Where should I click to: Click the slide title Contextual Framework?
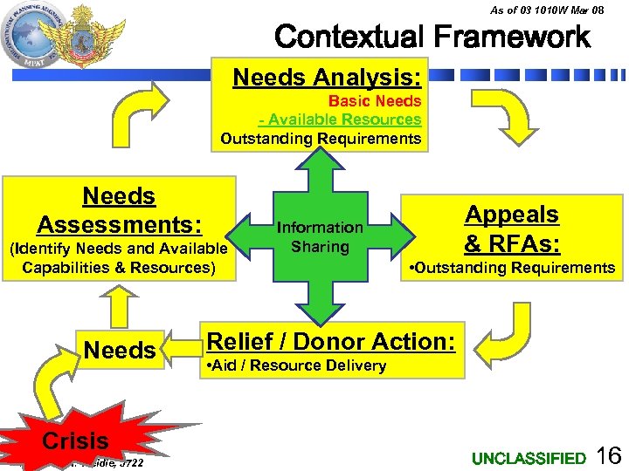coord(432,37)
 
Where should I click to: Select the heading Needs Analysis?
coord(327,78)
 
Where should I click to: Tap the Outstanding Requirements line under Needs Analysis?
coord(321,139)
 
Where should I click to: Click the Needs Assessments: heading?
coord(119,211)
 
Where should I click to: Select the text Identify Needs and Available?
coord(117,249)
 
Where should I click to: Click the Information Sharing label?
coord(320,237)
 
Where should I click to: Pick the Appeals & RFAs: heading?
coord(512,227)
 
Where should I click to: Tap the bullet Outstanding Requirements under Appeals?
coord(512,268)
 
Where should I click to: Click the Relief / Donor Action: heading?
coord(329,341)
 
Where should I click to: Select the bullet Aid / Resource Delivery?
coord(294,365)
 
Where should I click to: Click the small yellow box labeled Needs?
coord(119,351)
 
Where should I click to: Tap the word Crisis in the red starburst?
coord(75,440)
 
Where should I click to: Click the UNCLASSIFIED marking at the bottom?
coord(529,458)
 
